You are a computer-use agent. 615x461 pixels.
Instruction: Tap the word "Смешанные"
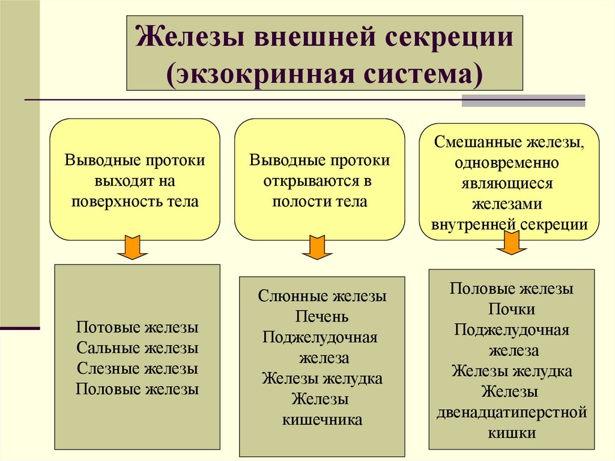tap(476, 144)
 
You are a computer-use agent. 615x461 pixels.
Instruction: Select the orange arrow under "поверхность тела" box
tap(132, 248)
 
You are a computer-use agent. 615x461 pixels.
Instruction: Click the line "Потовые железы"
tap(137, 328)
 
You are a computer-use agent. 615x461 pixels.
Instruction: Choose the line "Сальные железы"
tap(137, 348)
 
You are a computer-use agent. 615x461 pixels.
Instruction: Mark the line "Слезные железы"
tap(137, 368)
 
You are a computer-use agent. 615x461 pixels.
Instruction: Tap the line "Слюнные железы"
tap(323, 296)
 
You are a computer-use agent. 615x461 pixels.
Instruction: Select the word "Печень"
tap(323, 316)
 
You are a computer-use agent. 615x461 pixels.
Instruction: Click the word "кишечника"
tap(323, 419)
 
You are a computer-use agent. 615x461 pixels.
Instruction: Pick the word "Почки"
tap(512, 309)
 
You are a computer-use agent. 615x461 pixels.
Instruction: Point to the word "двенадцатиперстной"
tap(512, 412)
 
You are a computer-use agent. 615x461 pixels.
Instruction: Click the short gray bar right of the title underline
tap(523, 100)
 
